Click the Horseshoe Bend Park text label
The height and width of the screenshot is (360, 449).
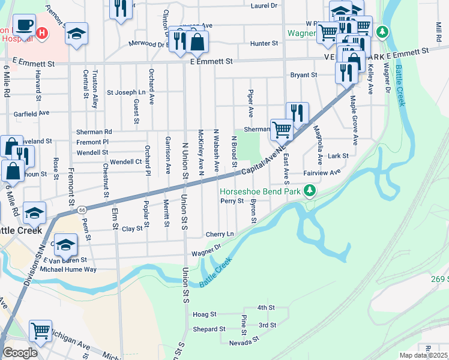point(260,192)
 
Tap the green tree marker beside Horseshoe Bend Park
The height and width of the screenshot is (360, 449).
point(310,191)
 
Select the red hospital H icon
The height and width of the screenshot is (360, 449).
point(41,33)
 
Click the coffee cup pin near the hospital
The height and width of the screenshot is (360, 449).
point(24,25)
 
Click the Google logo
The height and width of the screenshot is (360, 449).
point(20,353)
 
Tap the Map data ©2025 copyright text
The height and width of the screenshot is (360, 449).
point(424,355)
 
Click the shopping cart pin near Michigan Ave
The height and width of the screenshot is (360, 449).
point(40,329)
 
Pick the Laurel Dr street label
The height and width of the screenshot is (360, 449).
point(265,5)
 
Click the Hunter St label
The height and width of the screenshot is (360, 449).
point(264,43)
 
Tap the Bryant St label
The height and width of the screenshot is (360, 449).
point(303,75)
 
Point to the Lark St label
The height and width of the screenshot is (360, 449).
point(338,156)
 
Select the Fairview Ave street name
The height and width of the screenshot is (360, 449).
point(322,172)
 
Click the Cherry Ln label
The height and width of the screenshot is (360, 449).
point(219,234)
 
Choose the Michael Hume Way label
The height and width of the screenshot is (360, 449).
point(68,269)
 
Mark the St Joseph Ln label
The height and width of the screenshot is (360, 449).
point(126,93)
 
